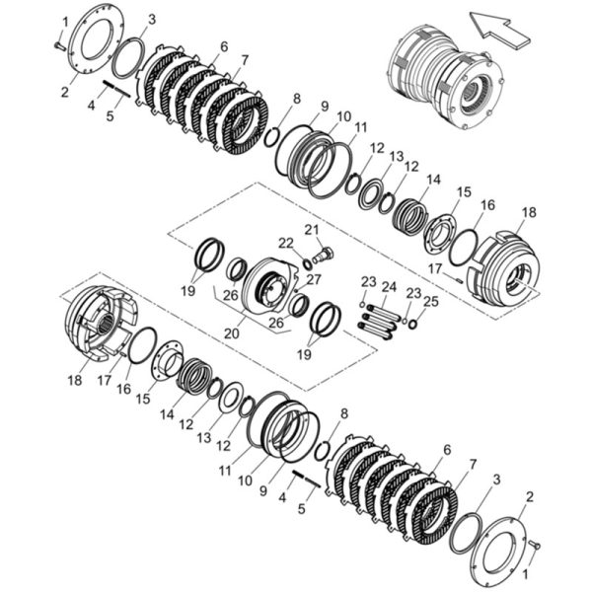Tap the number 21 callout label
point(312,230)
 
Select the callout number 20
point(232,333)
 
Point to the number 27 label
point(314,280)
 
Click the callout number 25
point(431,301)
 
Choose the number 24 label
point(389,287)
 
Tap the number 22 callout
point(286,243)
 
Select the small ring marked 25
point(412,324)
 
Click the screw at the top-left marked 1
point(59,46)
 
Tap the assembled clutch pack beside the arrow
point(446,82)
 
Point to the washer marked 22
point(308,264)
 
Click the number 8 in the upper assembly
point(297,99)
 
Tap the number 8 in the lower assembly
point(344,413)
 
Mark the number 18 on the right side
point(529,212)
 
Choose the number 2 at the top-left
point(65,92)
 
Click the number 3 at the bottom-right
point(497,480)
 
